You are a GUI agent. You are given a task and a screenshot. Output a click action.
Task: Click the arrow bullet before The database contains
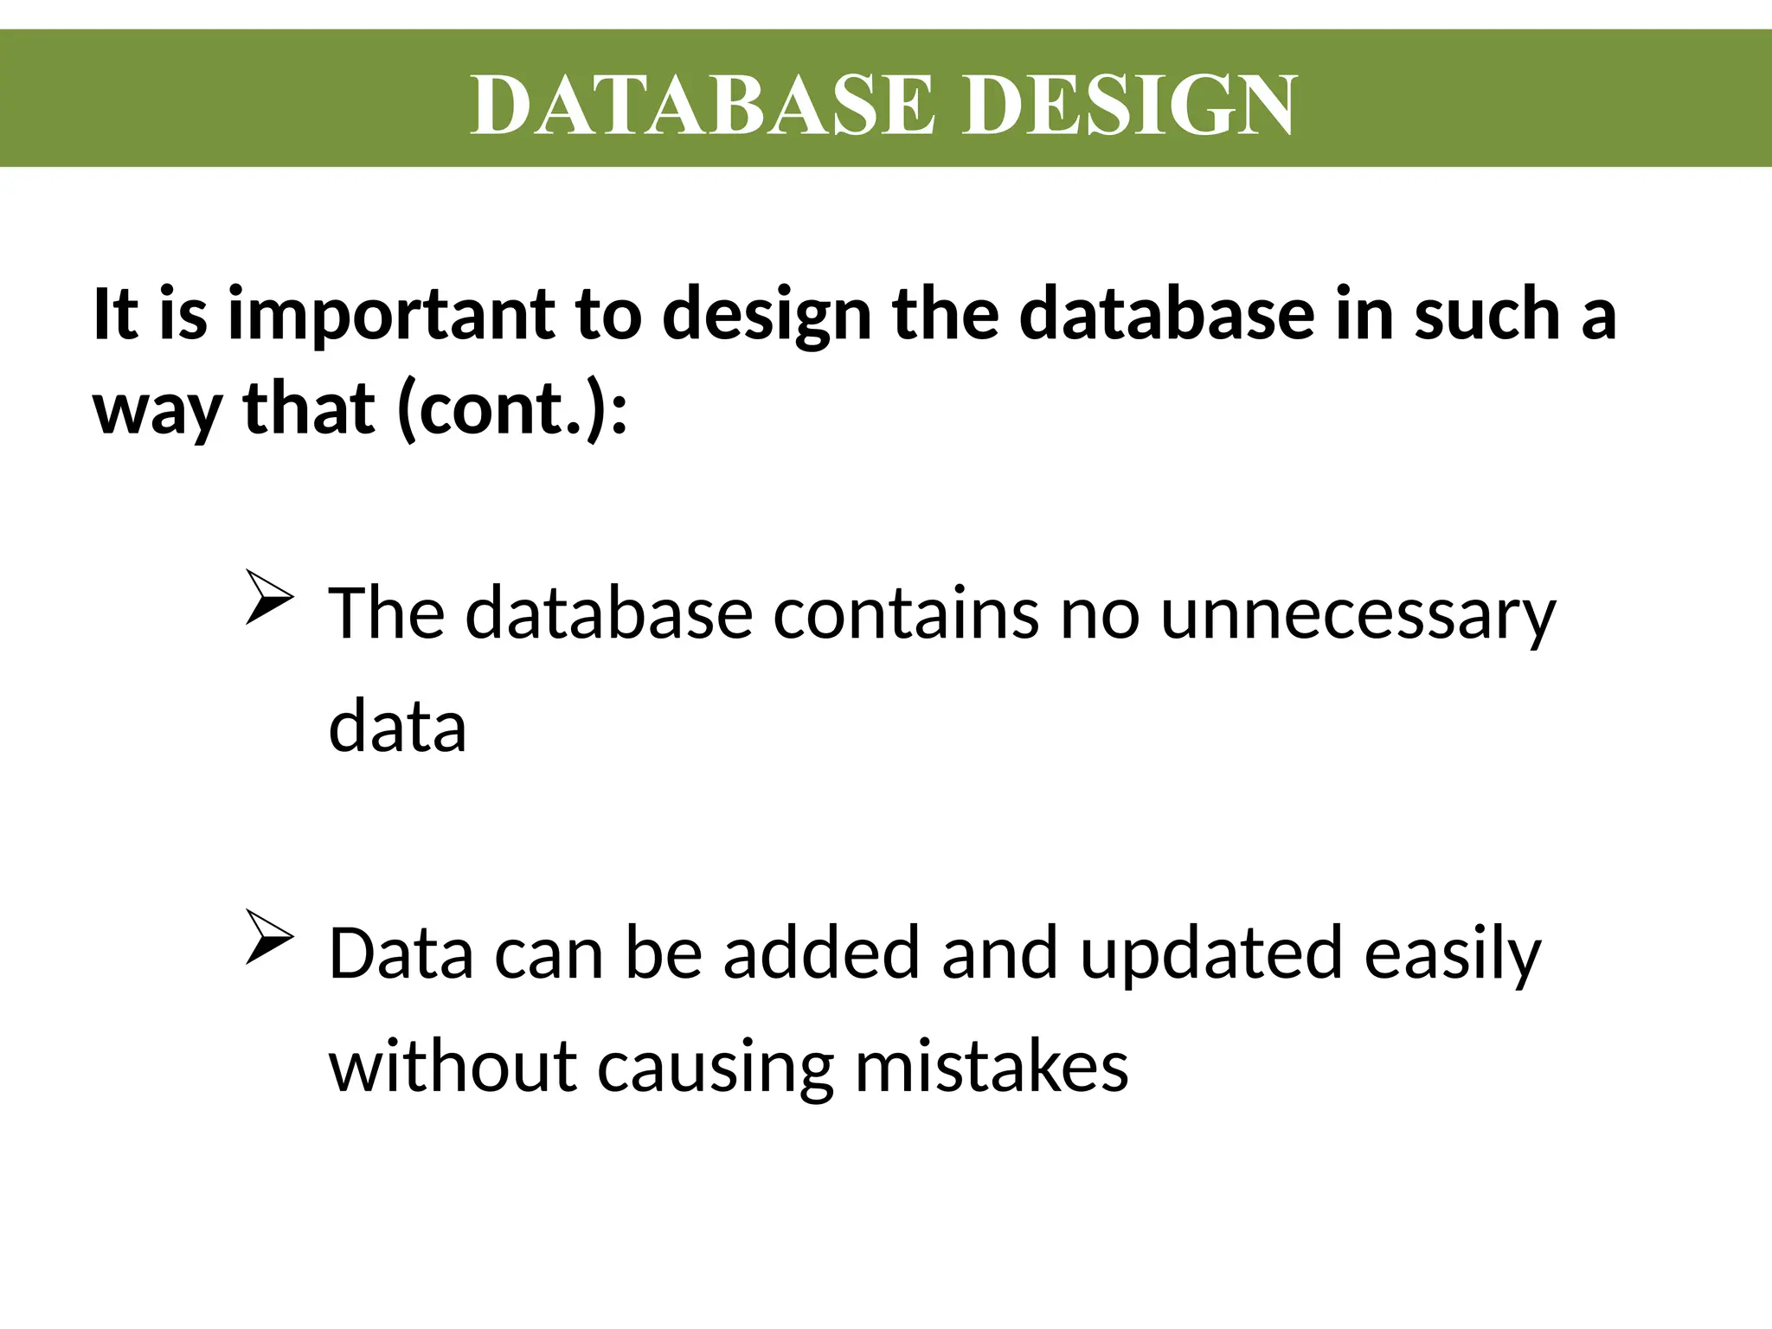(269, 598)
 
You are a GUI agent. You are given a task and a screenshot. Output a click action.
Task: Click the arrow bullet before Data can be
(269, 938)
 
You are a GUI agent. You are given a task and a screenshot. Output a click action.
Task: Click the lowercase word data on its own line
(397, 726)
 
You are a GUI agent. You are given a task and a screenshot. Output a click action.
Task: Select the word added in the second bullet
(821, 953)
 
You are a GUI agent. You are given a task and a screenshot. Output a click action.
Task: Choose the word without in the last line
(453, 1066)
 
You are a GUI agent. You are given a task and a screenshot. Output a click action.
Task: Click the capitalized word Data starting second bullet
(401, 953)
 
